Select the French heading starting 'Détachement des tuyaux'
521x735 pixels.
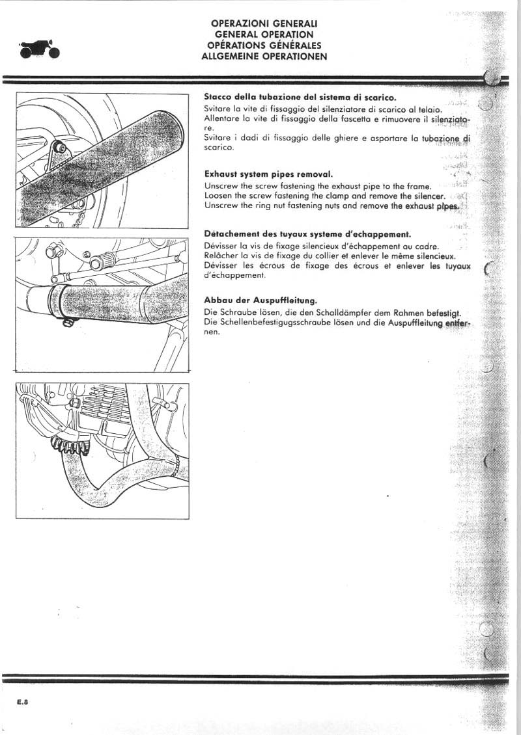(307, 234)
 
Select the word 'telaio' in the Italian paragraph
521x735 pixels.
(429, 111)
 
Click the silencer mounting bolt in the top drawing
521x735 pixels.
(60, 146)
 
